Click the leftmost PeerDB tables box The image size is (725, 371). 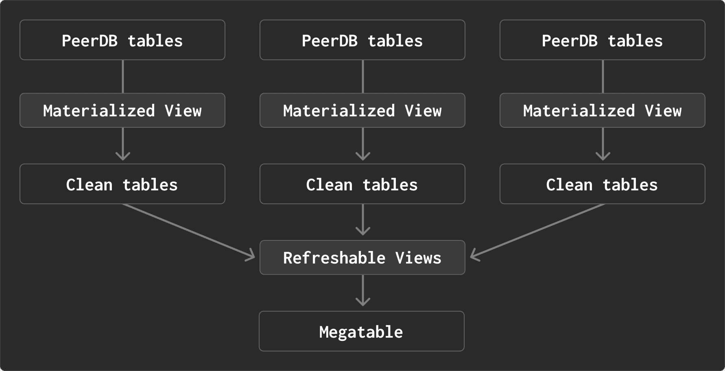122,40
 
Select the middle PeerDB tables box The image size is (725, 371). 362,40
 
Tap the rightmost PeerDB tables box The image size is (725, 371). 603,40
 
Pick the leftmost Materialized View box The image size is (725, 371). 122,110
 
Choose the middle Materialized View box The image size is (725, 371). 362,110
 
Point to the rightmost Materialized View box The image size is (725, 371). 603,110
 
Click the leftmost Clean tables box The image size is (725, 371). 122,184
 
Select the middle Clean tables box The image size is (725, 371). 362,184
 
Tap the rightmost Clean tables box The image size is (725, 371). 603,184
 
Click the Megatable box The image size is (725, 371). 362,331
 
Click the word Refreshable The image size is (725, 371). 334,258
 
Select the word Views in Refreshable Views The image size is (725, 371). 418,258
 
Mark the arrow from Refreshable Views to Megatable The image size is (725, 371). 362,290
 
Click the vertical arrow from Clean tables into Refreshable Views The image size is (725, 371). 362,220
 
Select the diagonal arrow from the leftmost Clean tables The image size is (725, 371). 189,231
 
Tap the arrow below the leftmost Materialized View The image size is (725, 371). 123,144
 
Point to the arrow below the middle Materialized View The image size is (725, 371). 362,144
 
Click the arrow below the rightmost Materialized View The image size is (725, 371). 603,144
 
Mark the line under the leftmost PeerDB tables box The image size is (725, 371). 123,76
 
